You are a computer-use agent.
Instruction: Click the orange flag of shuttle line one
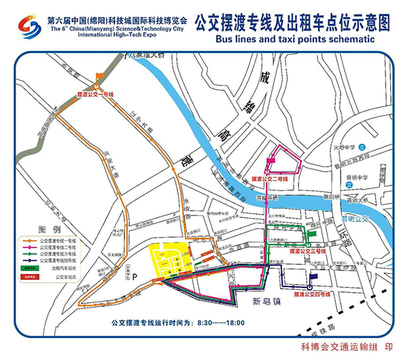click(x=101, y=75)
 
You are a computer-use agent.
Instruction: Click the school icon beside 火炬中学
click(x=362, y=147)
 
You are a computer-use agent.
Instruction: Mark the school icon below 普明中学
click(x=349, y=184)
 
